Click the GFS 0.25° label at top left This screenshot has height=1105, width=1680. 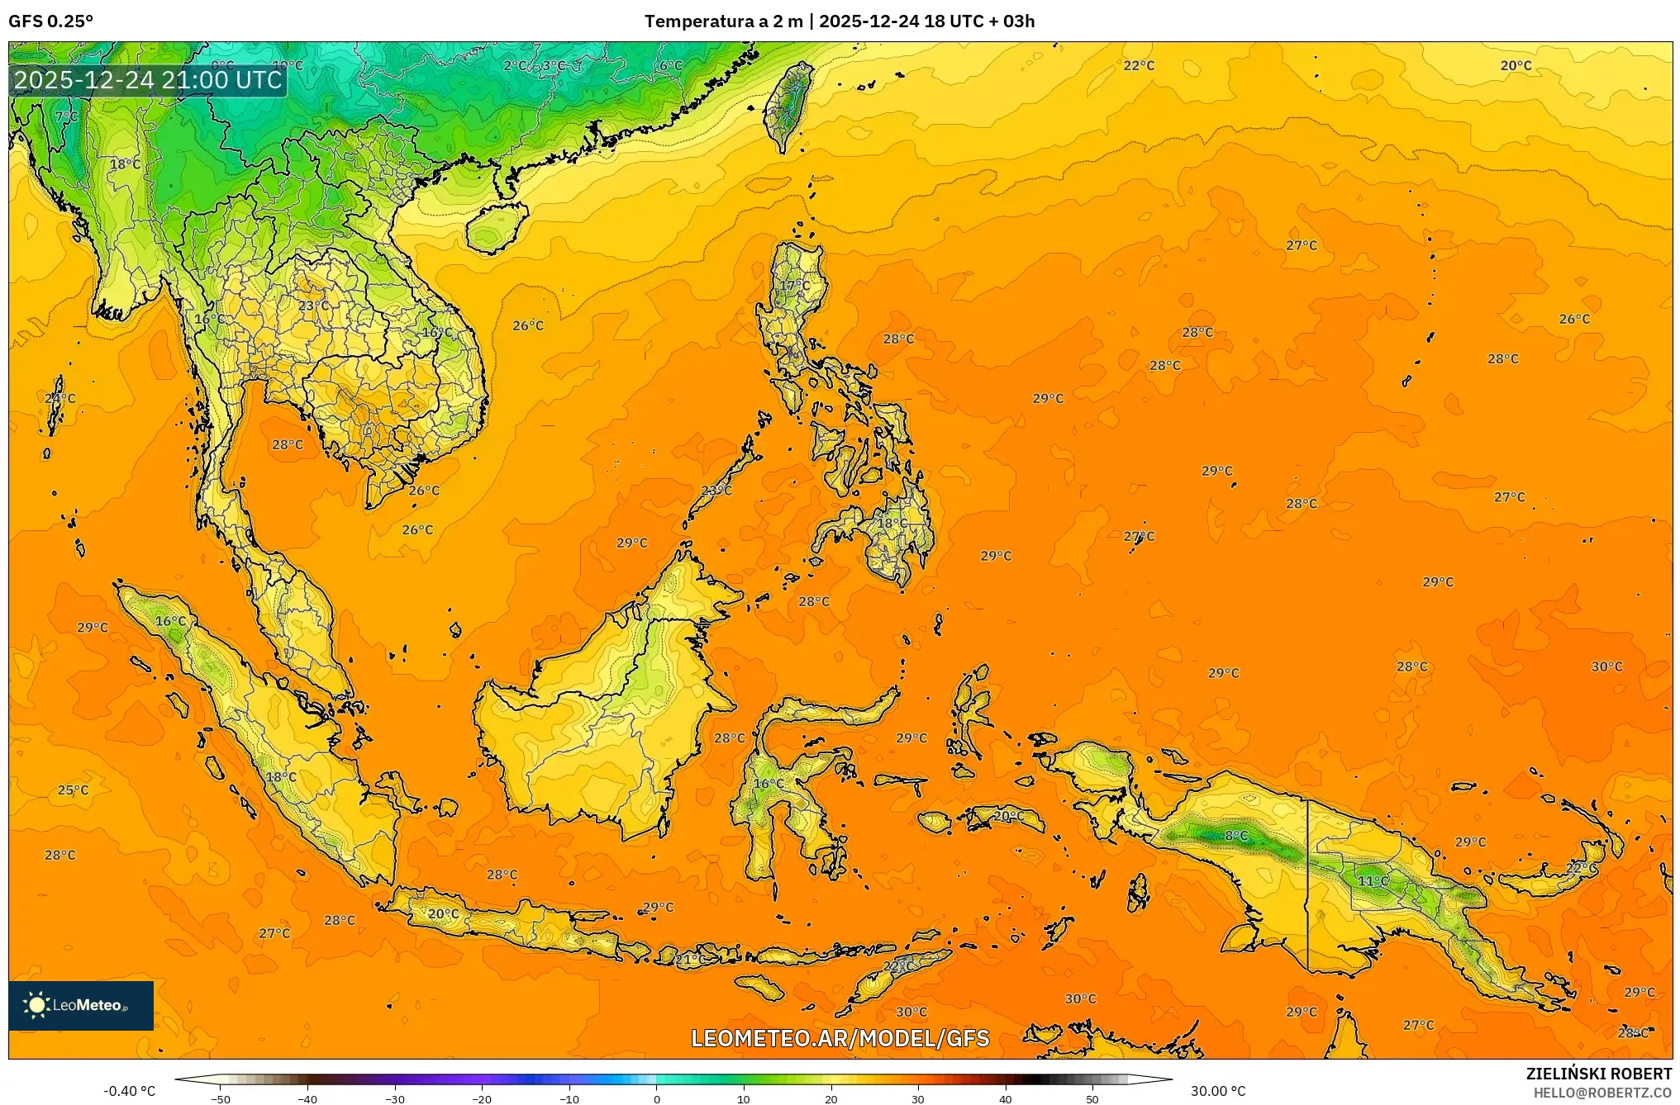point(50,21)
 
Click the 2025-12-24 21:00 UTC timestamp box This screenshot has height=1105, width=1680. point(148,80)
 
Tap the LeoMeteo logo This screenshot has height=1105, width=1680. point(80,1005)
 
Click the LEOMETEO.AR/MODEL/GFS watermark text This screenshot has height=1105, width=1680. point(840,1038)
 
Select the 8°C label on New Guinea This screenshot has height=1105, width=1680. point(1235,836)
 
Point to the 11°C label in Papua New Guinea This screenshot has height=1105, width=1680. point(1373,881)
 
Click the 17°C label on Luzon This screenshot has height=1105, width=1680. point(795,286)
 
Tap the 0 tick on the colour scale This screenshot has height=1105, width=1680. point(657,1098)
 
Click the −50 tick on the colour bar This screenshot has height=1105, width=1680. point(220,1098)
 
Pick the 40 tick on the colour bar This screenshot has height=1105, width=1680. point(1005,1098)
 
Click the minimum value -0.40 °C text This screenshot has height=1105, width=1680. point(129,1091)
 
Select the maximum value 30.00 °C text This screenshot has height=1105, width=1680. point(1217,1091)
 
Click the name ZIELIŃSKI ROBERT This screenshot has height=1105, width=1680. point(1598,1074)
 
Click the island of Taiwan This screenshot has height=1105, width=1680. point(788,103)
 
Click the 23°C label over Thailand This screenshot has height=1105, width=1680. point(313,306)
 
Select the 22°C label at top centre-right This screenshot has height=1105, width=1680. point(1139,65)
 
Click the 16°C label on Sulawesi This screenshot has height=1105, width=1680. point(769,783)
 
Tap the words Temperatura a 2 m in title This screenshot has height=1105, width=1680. point(723,21)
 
